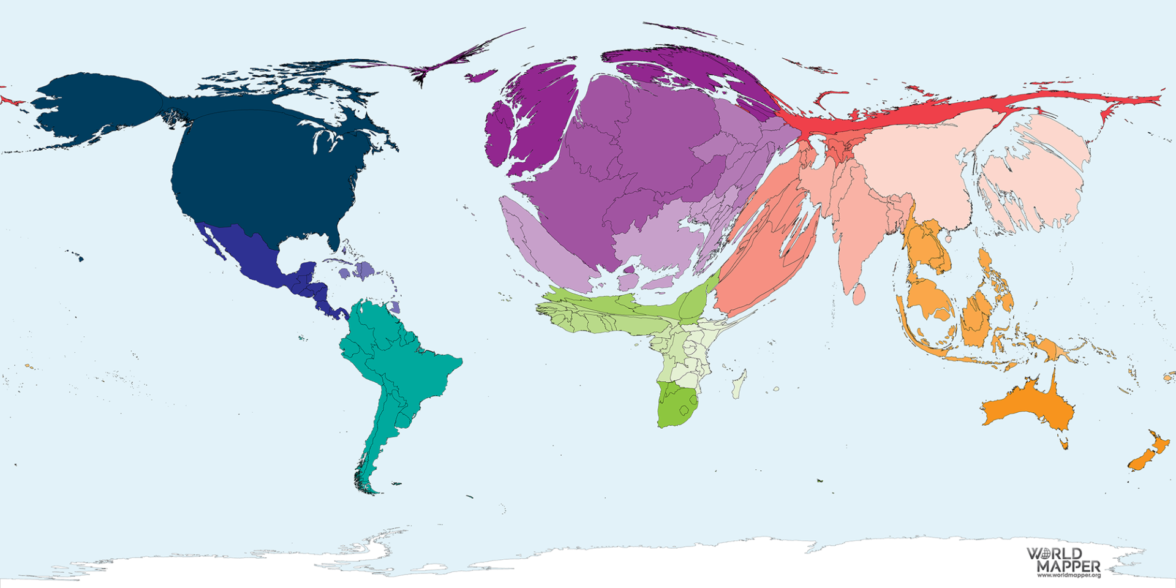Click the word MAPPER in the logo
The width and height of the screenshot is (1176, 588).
point(1069,566)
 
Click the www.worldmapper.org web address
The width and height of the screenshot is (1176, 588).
point(1069,575)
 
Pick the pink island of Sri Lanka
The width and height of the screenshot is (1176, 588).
point(859,295)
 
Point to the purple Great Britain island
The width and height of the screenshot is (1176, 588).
point(539,116)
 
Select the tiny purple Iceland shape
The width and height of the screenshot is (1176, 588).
point(481,77)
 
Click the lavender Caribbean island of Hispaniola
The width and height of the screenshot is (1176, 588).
point(364,270)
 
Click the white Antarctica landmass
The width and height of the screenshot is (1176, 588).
point(612,563)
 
